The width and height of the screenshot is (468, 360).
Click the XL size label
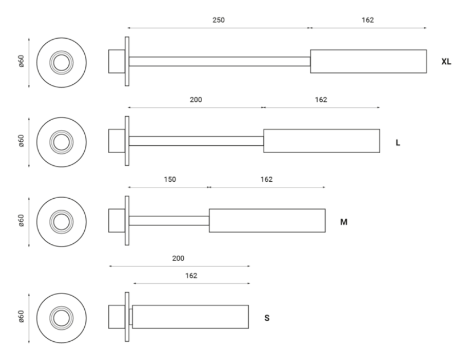[x=446, y=62]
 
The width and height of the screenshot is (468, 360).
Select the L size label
[x=398, y=142]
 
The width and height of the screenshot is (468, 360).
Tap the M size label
[x=344, y=222]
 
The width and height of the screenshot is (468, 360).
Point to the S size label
[x=266, y=318]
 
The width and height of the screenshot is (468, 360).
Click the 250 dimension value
[x=219, y=20]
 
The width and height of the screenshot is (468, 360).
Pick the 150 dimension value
[x=169, y=179]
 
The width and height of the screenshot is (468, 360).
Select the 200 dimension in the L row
[x=195, y=100]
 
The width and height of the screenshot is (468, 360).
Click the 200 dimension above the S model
[x=178, y=258]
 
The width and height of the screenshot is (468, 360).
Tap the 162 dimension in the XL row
[x=368, y=20]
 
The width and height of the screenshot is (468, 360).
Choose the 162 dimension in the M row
[x=266, y=179]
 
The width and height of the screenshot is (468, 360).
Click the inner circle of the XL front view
[x=61, y=62]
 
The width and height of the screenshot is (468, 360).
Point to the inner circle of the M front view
[x=61, y=220]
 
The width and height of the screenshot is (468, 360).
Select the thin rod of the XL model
[x=219, y=62]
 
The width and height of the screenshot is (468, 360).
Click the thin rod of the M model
[x=169, y=220]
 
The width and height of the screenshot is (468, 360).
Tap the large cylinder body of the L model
[x=321, y=141]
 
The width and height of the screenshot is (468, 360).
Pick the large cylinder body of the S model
[x=191, y=317]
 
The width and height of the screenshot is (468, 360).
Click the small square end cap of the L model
[x=116, y=141]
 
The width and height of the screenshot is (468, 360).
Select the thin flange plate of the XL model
[x=127, y=62]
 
